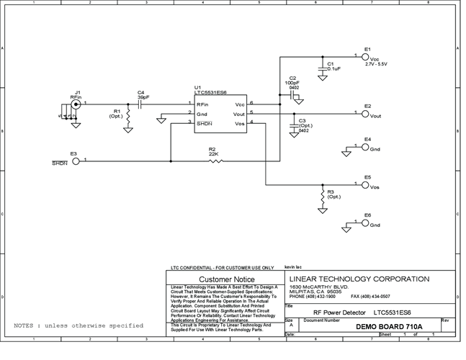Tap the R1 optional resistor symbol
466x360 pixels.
point(127,116)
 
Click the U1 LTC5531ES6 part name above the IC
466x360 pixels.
point(212,91)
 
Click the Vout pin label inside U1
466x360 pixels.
point(240,114)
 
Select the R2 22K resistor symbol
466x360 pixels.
point(215,161)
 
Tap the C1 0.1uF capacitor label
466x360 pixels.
point(333,66)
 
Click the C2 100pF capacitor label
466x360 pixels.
point(292,82)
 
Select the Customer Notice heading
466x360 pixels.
point(226,279)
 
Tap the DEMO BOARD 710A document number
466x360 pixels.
point(387,326)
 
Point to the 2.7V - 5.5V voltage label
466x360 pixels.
point(377,65)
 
